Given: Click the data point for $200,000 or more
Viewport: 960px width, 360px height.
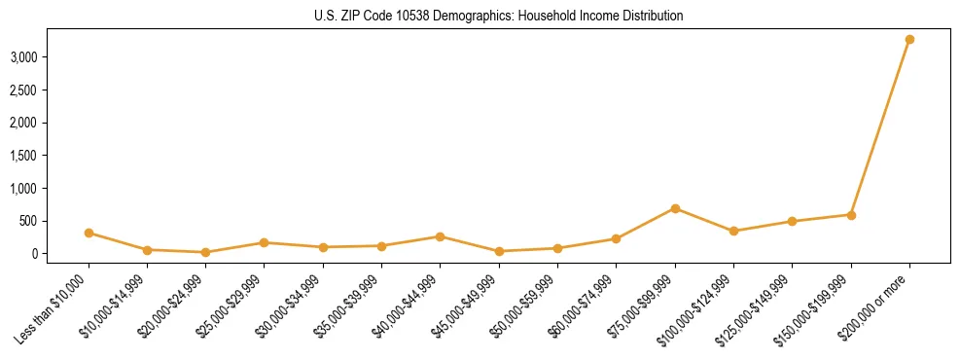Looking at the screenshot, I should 909,40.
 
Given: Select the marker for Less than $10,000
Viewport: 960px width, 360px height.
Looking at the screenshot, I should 89,233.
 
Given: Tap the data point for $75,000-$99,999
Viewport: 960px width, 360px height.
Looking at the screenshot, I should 675,208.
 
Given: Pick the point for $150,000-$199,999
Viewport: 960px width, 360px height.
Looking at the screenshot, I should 851,215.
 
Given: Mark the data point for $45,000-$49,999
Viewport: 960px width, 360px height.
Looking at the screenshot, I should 499,251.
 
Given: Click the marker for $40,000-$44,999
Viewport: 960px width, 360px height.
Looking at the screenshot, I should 441,236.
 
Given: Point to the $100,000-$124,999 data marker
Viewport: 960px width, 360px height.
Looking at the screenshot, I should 733,231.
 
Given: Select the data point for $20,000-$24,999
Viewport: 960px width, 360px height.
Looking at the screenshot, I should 205,252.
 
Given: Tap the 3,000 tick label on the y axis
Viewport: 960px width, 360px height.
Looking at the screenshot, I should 23,57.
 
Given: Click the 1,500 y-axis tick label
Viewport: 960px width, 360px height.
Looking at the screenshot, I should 23,156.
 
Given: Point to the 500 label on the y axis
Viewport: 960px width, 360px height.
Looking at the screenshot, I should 28,221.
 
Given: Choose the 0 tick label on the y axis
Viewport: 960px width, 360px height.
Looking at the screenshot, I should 34,254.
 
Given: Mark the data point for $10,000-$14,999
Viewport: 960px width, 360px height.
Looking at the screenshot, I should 147,250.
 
